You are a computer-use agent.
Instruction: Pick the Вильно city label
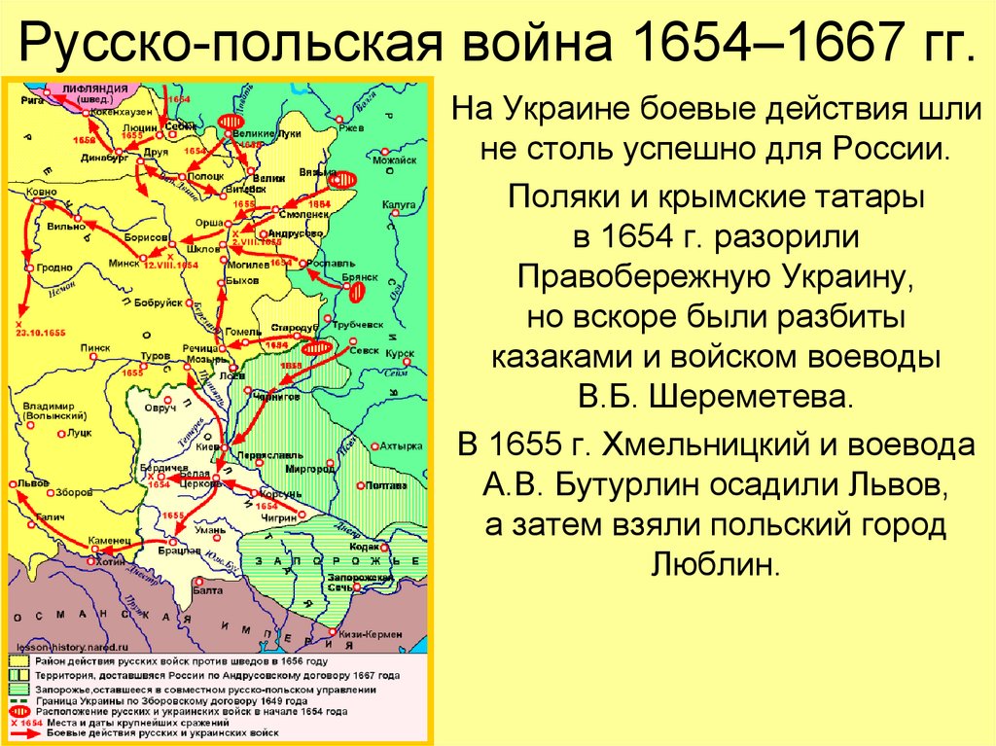click(x=65, y=226)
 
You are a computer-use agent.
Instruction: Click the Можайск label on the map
click(x=398, y=160)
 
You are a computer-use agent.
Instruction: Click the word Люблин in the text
click(x=716, y=562)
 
